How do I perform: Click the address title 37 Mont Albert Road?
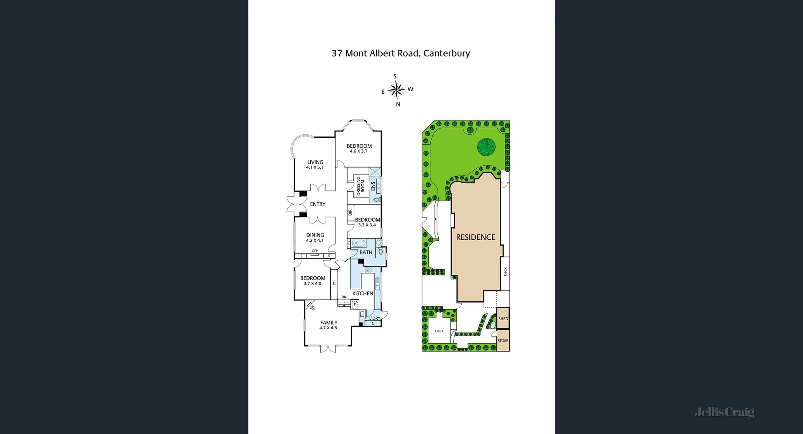point(400,53)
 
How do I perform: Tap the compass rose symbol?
point(396,90)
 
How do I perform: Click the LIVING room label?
point(315,164)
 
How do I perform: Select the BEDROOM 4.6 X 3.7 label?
point(359,149)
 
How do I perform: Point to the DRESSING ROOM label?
point(360,186)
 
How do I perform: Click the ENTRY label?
point(317,204)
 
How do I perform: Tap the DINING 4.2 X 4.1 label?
point(315,237)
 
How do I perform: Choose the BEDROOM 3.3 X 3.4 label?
point(367,222)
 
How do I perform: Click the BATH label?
point(366,252)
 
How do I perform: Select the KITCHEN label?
point(363,293)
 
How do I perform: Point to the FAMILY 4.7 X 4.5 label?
point(328,325)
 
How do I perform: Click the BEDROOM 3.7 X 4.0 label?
point(312,280)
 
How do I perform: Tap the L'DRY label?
point(375,318)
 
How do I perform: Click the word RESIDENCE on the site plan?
point(476,237)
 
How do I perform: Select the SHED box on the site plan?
point(503,318)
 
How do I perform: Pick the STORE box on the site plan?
point(503,341)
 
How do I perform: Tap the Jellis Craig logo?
point(724,412)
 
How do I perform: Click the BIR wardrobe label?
point(350,213)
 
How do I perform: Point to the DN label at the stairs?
point(344,297)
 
